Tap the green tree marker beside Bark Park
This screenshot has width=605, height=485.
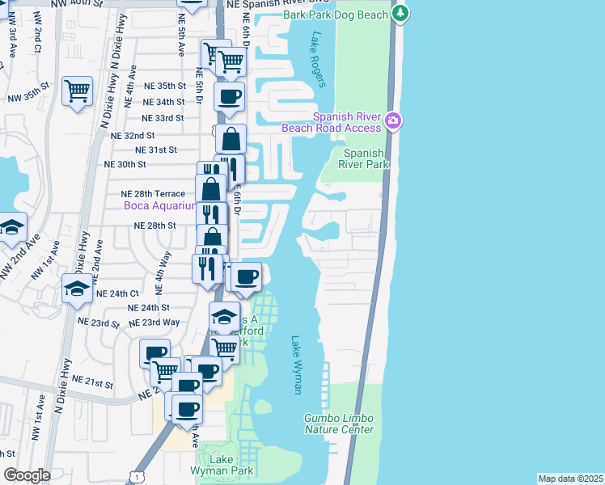point(400,13)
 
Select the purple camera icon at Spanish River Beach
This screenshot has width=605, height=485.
point(393,121)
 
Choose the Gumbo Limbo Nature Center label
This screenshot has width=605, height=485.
point(339,424)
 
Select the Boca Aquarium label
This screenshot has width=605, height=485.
point(160,206)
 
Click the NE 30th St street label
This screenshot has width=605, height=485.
point(125,163)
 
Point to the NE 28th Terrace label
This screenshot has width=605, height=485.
point(153,194)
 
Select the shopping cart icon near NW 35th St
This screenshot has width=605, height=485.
point(77,92)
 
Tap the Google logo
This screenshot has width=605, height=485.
point(27,475)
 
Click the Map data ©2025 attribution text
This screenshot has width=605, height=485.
point(571,479)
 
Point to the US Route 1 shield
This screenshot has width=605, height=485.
point(129,478)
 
